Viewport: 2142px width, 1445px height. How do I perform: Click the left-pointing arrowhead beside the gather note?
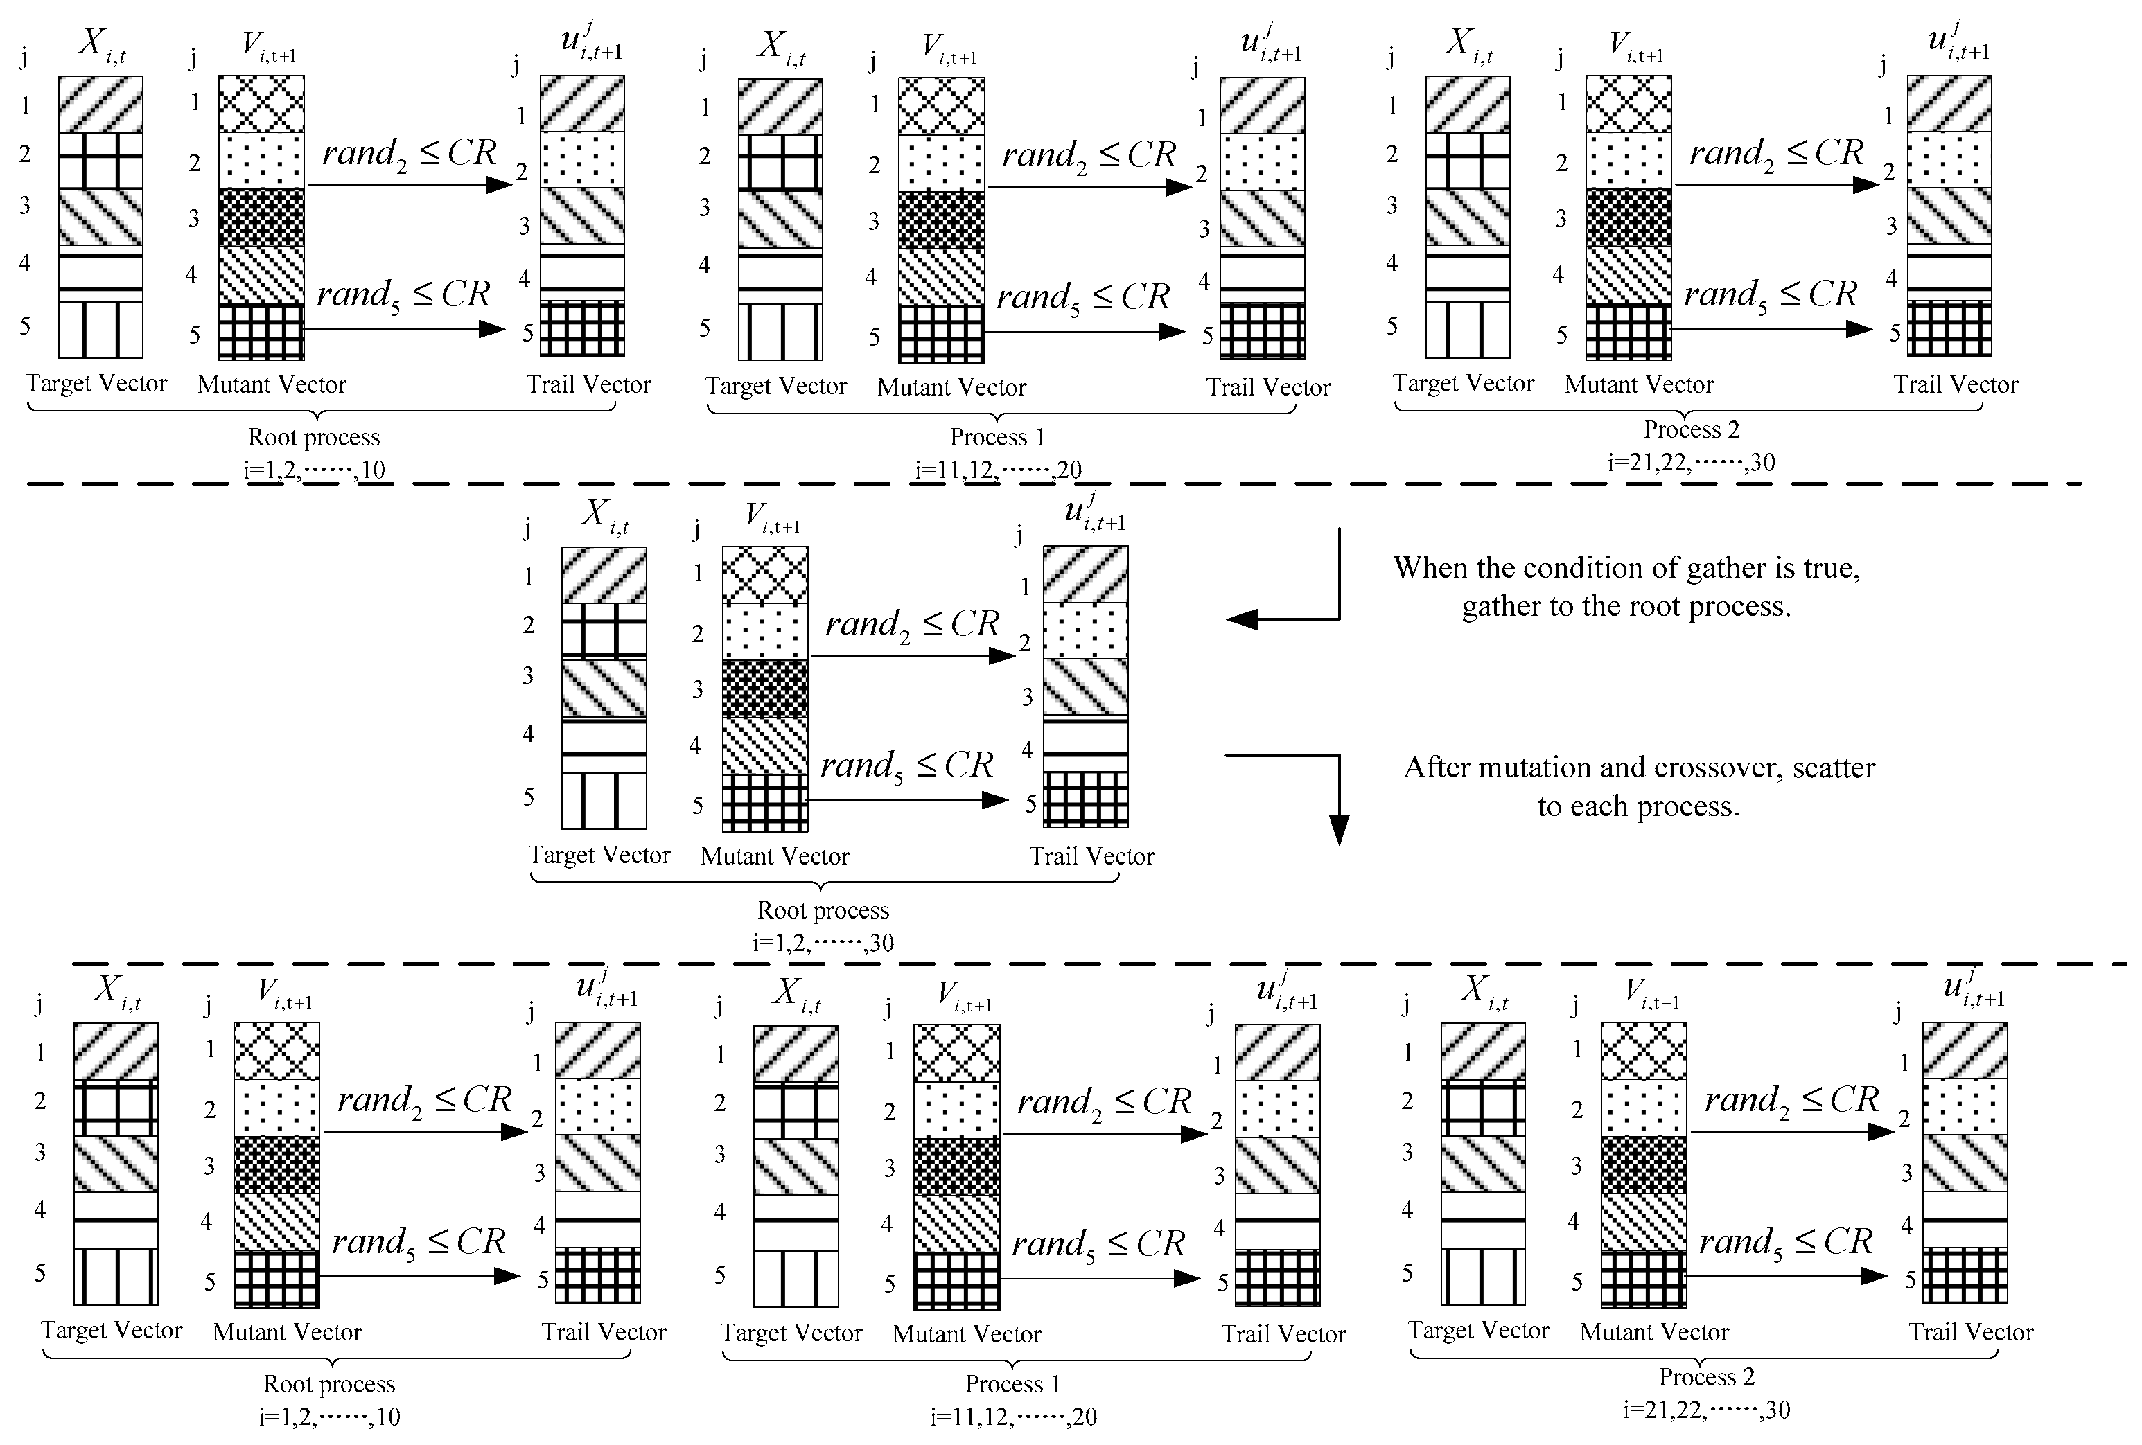(x=1240, y=619)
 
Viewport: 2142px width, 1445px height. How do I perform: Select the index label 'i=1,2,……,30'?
(x=823, y=943)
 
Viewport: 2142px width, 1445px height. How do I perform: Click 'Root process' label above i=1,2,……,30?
(x=823, y=910)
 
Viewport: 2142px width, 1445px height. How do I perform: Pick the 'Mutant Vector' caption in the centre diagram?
(x=774, y=856)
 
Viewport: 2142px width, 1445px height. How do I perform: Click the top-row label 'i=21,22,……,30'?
(x=1692, y=462)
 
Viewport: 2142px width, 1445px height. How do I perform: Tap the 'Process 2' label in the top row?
(x=1692, y=429)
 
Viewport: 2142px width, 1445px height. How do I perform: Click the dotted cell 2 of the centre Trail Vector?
(x=1086, y=630)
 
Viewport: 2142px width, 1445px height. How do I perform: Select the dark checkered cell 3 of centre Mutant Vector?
(x=765, y=689)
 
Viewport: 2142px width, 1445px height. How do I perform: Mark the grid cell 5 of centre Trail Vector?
(x=1086, y=800)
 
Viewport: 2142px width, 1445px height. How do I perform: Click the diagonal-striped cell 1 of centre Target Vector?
(x=604, y=575)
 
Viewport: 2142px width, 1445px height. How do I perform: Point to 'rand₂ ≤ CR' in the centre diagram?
(x=911, y=625)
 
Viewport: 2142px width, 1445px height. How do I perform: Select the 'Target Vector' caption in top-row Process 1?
(x=776, y=386)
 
